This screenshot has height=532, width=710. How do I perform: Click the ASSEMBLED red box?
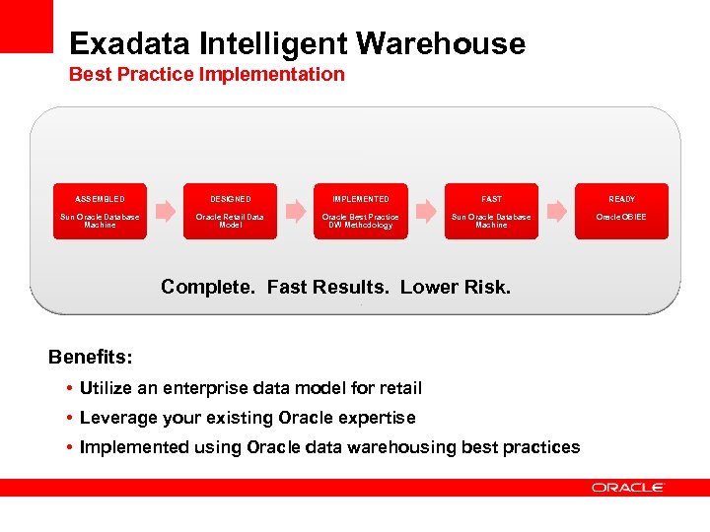[100, 211]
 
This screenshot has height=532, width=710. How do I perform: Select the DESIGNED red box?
[230, 211]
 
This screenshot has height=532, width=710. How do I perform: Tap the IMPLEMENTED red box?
[360, 211]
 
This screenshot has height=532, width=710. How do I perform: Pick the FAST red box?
[491, 211]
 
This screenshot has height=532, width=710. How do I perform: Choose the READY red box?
[621, 211]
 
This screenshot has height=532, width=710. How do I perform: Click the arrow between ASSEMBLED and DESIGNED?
[165, 211]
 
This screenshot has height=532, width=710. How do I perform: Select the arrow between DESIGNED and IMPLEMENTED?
[295, 211]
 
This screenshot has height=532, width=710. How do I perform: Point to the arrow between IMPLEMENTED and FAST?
[426, 211]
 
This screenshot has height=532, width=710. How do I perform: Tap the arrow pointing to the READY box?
[556, 211]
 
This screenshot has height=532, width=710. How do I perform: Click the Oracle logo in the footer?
[628, 488]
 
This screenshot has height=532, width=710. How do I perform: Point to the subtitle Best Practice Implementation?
[206, 75]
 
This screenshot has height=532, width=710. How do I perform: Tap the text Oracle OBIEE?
[621, 217]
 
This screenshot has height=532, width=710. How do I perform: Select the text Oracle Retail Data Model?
[230, 221]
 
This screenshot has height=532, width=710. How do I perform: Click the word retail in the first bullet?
[398, 388]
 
